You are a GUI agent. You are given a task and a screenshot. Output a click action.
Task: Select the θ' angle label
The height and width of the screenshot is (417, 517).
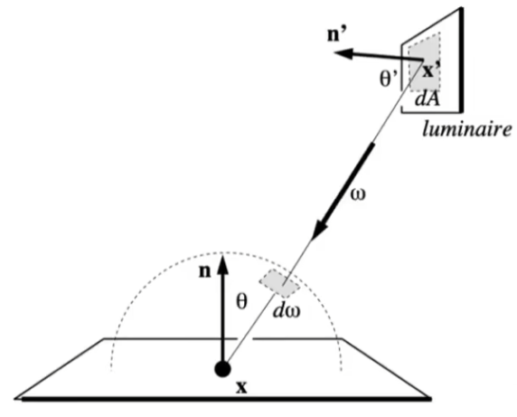(389, 80)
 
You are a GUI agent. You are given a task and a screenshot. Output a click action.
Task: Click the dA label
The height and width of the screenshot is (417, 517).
(427, 99)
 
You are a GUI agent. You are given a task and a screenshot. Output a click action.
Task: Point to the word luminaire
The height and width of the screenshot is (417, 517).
(467, 128)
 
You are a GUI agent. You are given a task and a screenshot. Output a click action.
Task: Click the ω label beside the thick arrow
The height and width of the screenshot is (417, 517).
(359, 194)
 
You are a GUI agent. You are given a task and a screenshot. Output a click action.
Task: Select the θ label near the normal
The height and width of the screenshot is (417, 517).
(241, 301)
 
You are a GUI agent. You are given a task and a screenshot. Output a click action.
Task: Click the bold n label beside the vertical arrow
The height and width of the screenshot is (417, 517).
(205, 271)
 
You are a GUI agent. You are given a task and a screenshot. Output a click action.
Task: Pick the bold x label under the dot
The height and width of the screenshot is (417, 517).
(241, 387)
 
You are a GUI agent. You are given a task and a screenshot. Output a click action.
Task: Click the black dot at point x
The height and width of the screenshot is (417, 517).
(222, 369)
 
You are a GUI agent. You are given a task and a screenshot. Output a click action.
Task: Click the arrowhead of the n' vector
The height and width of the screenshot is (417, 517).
(343, 53)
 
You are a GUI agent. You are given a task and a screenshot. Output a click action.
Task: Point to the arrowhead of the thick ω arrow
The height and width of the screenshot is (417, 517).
(319, 230)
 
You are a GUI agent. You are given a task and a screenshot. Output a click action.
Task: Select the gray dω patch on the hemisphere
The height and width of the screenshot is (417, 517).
(279, 283)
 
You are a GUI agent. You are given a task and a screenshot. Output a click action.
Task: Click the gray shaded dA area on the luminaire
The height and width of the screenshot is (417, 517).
(424, 62)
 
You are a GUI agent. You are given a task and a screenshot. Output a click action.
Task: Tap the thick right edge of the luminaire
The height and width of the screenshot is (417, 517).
(461, 60)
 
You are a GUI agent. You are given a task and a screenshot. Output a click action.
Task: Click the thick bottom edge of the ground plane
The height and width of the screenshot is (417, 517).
(226, 399)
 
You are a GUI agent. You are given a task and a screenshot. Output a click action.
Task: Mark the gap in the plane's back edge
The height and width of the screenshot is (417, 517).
(245, 338)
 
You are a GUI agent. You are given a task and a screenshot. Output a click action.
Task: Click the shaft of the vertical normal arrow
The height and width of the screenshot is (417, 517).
(223, 317)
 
